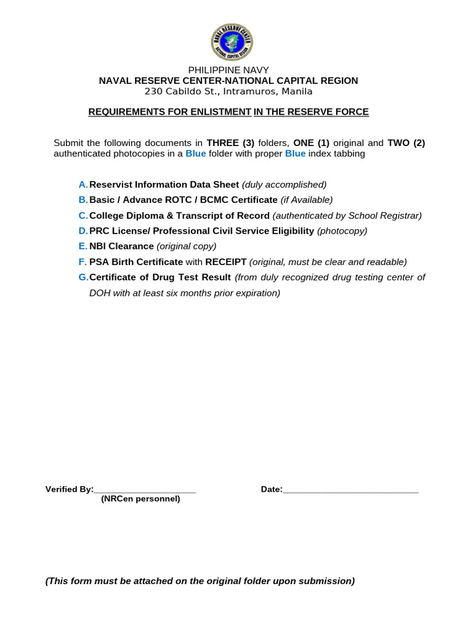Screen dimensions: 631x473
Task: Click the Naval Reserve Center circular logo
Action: pyautogui.click(x=231, y=42)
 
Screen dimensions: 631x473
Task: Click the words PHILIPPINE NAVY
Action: pyautogui.click(x=228, y=70)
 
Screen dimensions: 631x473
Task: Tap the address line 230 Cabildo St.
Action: pyautogui.click(x=228, y=91)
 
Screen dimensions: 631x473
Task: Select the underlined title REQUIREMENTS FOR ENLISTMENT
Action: pyautogui.click(x=170, y=112)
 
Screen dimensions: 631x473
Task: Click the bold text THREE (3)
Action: pyautogui.click(x=230, y=143)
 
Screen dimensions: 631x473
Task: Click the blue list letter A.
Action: pyautogui.click(x=83, y=184)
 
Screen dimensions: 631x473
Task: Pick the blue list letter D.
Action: pyautogui.click(x=83, y=230)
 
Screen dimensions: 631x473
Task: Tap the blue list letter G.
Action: pyautogui.click(x=83, y=277)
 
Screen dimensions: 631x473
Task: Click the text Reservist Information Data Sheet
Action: pyautogui.click(x=164, y=184)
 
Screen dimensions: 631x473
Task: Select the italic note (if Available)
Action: pyautogui.click(x=306, y=200)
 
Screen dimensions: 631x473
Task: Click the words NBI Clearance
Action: pyautogui.click(x=121, y=246)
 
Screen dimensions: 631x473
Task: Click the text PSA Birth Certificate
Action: pyautogui.click(x=136, y=262)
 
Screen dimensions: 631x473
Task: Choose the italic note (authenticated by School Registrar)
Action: pyautogui.click(x=347, y=215)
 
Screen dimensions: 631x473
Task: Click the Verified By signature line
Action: pyautogui.click(x=145, y=491)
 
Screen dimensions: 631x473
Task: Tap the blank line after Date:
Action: pyautogui.click(x=350, y=491)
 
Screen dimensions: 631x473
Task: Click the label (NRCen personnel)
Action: pyautogui.click(x=140, y=499)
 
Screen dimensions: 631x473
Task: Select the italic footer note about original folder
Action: pyautogui.click(x=200, y=580)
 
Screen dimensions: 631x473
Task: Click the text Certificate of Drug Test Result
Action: pyautogui.click(x=160, y=277)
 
